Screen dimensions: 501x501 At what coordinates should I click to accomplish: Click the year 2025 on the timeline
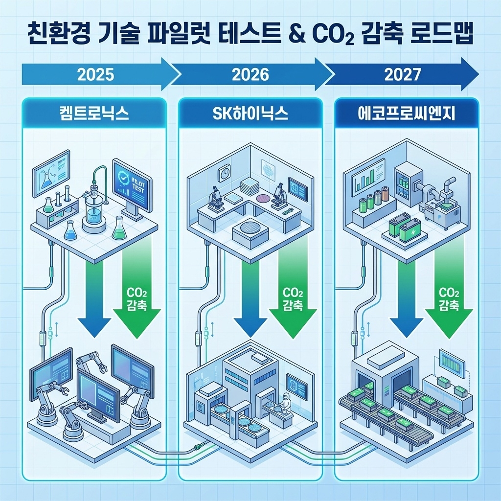pos(96,75)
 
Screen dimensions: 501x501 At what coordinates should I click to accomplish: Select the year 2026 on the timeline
pos(250,75)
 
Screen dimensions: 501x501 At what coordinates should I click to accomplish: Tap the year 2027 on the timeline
pos(402,75)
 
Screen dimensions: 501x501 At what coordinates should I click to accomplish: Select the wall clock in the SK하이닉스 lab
pos(225,173)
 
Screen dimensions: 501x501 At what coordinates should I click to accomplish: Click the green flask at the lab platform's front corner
pos(118,228)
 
